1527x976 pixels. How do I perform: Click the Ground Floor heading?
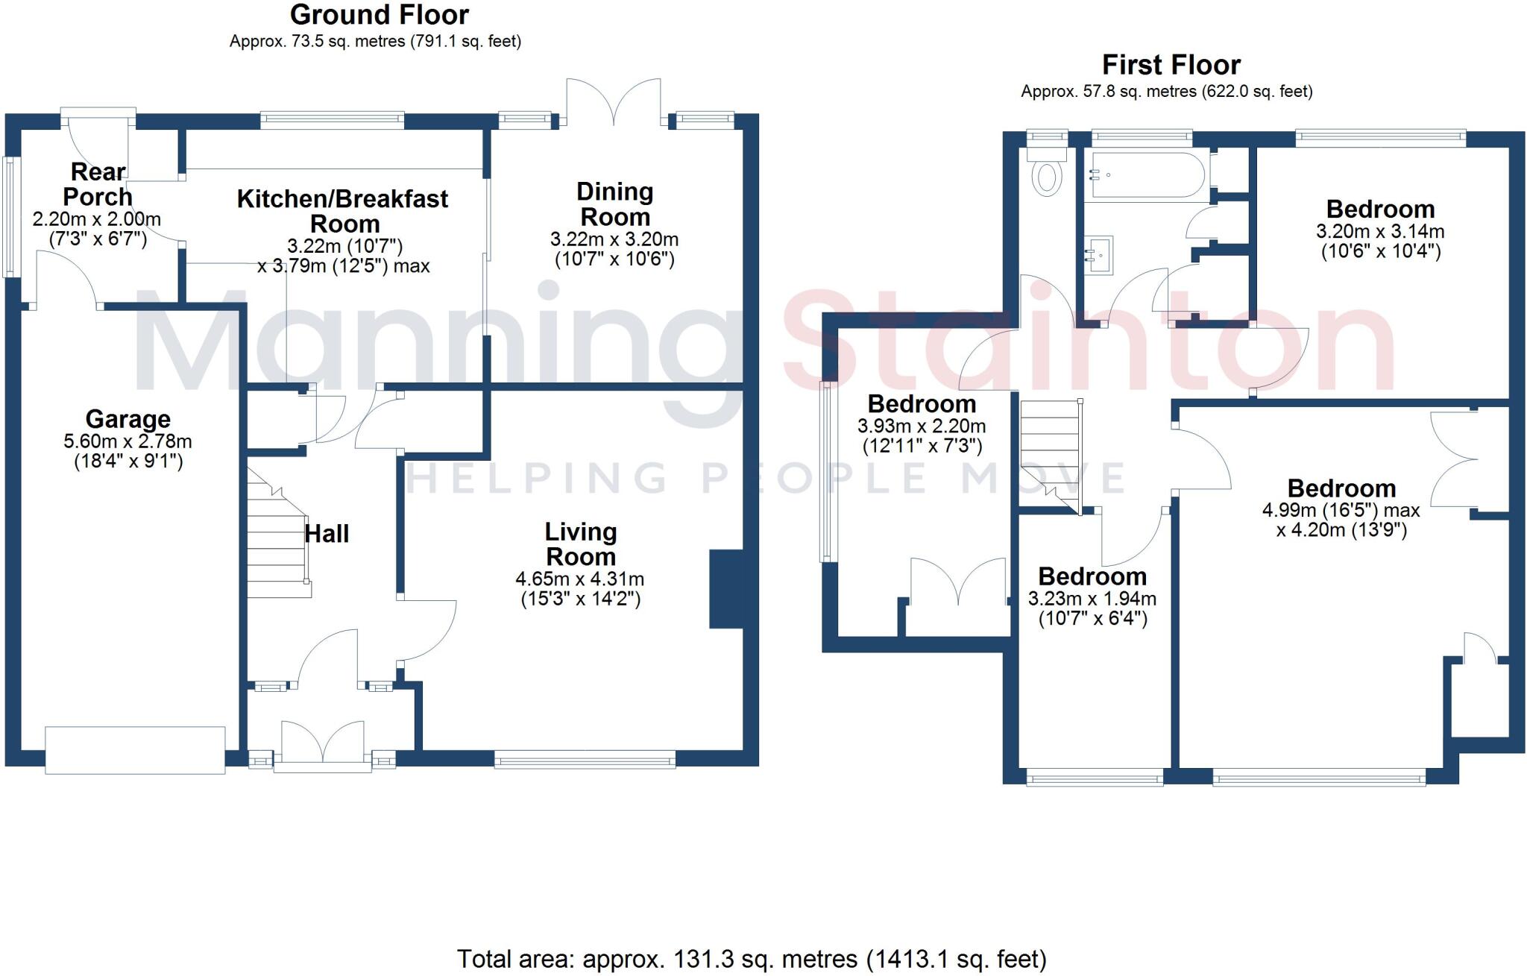[x=379, y=15]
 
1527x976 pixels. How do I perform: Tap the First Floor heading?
[x=1171, y=65]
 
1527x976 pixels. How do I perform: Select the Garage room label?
[x=127, y=419]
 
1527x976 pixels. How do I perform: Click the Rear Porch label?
[x=98, y=184]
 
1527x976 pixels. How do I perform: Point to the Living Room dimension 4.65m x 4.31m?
[x=579, y=579]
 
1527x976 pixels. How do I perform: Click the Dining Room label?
[x=614, y=204]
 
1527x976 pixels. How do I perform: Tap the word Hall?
[x=327, y=534]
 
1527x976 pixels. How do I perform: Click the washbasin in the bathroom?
[x=1098, y=255]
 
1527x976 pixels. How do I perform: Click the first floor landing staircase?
[x=1050, y=455]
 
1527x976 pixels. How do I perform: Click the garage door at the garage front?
[x=135, y=749]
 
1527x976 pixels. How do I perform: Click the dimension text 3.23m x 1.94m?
[x=1092, y=599]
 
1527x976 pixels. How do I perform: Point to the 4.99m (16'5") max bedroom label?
[x=1341, y=511]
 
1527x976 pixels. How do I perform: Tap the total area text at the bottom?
[x=752, y=959]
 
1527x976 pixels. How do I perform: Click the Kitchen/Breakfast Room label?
[x=343, y=211]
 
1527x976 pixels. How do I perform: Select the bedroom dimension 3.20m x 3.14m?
[x=1380, y=232]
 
